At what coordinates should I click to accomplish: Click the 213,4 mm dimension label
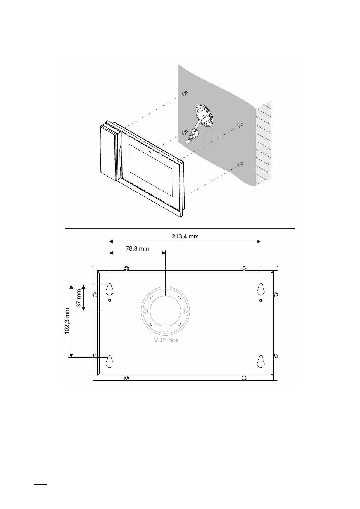tap(185, 237)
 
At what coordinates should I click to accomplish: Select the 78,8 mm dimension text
tap(137, 248)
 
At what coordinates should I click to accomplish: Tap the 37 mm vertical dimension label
tap(79, 298)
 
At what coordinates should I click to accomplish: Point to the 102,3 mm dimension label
tap(67, 321)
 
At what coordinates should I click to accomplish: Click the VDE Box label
tap(166, 340)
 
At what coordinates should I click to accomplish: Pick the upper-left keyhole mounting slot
tap(110, 289)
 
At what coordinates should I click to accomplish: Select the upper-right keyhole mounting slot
tap(260, 289)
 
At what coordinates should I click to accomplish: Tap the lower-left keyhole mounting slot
tap(110, 361)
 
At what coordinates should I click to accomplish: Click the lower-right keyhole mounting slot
tap(260, 361)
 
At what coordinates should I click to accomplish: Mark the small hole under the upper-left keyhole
tap(110, 300)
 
